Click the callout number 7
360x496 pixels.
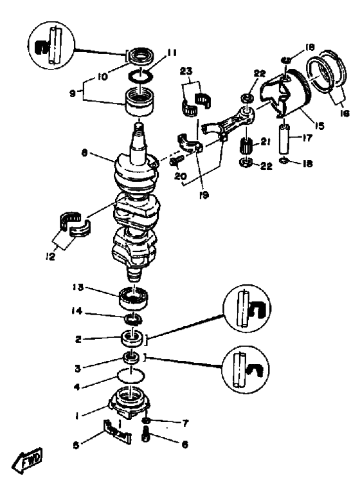click(184, 443)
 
